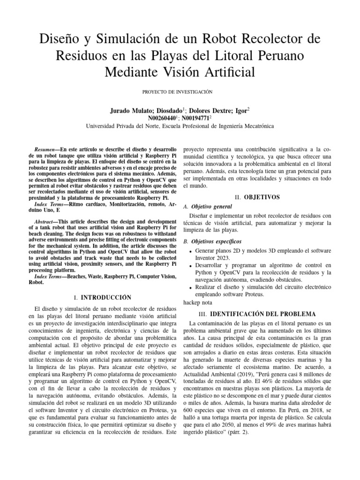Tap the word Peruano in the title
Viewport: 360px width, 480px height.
click(277, 55)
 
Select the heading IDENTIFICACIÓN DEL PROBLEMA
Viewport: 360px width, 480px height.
click(263, 313)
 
